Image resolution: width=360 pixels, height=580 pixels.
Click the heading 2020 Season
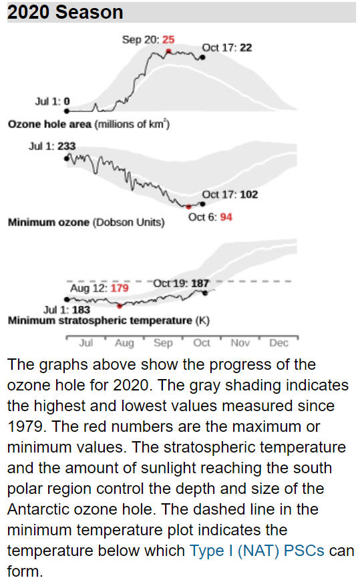65,12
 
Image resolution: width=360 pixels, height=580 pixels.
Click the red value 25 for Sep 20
168,39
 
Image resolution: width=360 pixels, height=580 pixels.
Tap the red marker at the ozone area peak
168,51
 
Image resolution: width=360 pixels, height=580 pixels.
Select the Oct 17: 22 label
227,47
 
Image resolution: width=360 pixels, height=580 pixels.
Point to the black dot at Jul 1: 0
67,111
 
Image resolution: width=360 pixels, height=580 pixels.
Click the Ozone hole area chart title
89,124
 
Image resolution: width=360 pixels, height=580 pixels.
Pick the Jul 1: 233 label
52,146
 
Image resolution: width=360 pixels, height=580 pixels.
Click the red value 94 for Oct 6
226,217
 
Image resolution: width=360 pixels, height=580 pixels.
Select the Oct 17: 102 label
230,195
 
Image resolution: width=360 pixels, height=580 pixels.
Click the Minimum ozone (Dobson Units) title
86,222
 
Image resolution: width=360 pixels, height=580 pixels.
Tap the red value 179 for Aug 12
120,288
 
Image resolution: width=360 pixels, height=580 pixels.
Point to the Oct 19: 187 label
181,284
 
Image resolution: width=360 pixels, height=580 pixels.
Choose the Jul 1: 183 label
67,310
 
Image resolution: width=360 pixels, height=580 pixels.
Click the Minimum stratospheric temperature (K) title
109,320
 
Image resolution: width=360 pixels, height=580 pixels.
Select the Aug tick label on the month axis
124,343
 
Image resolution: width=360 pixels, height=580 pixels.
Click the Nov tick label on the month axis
240,343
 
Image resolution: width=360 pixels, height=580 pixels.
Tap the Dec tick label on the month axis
279,343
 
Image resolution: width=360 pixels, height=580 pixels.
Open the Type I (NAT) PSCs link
257,551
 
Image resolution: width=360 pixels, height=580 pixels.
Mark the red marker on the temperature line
120,306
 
